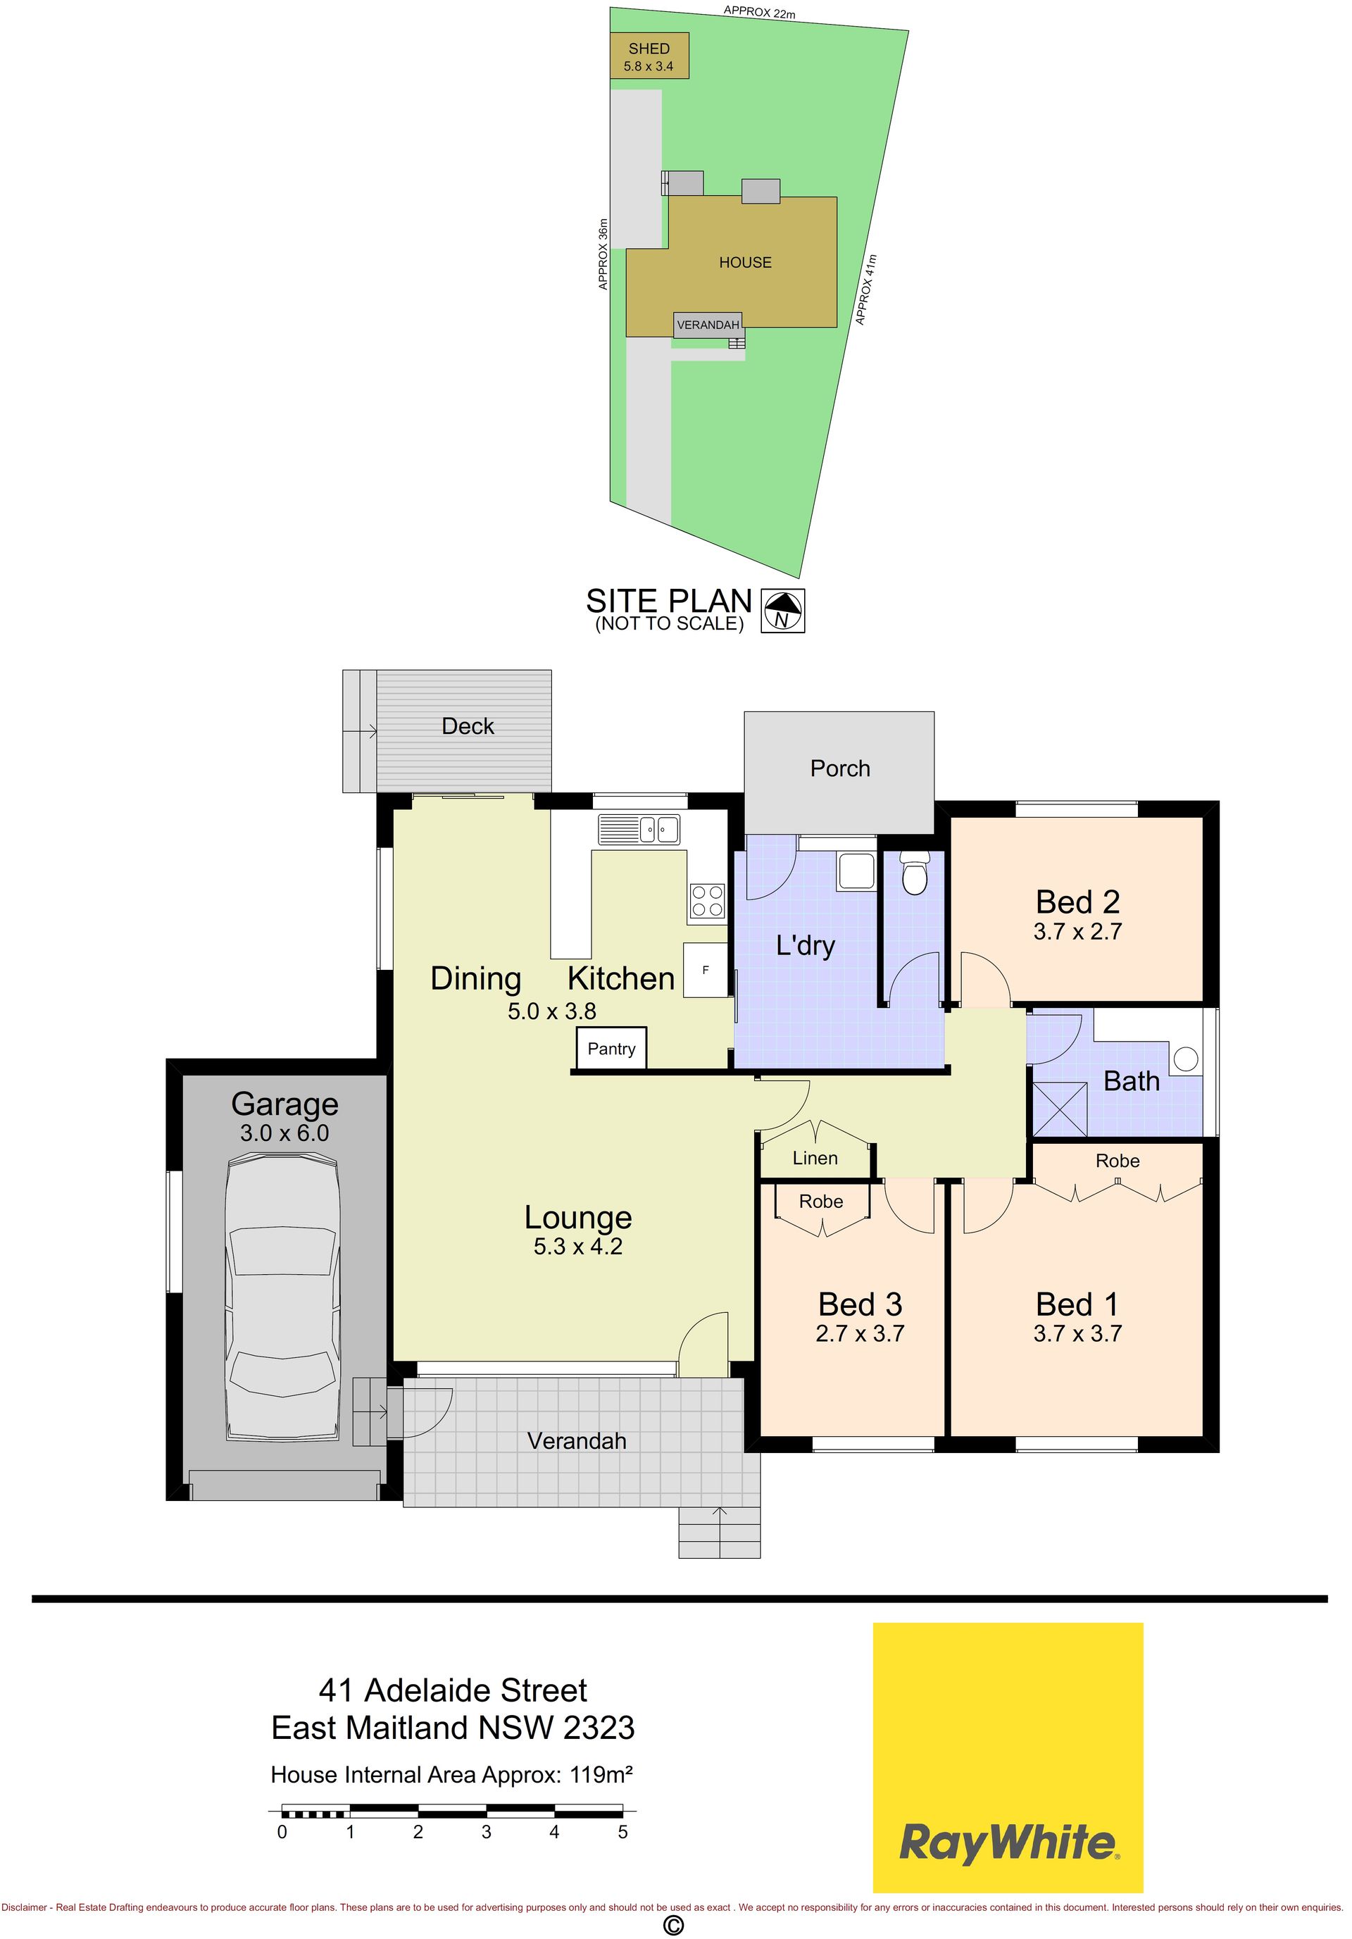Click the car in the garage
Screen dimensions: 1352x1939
pyautogui.click(x=283, y=1299)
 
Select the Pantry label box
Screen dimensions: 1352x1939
pyautogui.click(x=611, y=1049)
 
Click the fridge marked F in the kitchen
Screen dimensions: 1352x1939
pyautogui.click(x=705, y=969)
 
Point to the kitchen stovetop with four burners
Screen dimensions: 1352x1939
pyautogui.click(x=708, y=900)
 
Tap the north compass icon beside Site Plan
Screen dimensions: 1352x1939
pyautogui.click(x=783, y=611)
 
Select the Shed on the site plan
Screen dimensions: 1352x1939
pyautogui.click(x=649, y=56)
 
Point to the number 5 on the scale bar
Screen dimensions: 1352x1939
pyautogui.click(x=622, y=1832)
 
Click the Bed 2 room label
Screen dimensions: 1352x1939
pyautogui.click(x=1077, y=902)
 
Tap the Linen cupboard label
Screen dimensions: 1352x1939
pyautogui.click(x=815, y=1158)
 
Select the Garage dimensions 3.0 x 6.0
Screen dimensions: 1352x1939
pyautogui.click(x=284, y=1133)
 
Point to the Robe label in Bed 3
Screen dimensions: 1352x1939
pyautogui.click(x=821, y=1201)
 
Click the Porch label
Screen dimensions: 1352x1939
pyautogui.click(x=839, y=768)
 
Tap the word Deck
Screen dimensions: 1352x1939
pyautogui.click(x=468, y=726)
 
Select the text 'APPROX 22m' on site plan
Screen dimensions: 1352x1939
pyautogui.click(x=759, y=13)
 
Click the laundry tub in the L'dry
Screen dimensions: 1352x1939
pyautogui.click(x=857, y=870)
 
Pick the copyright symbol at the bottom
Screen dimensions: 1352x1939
pyautogui.click(x=673, y=1925)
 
